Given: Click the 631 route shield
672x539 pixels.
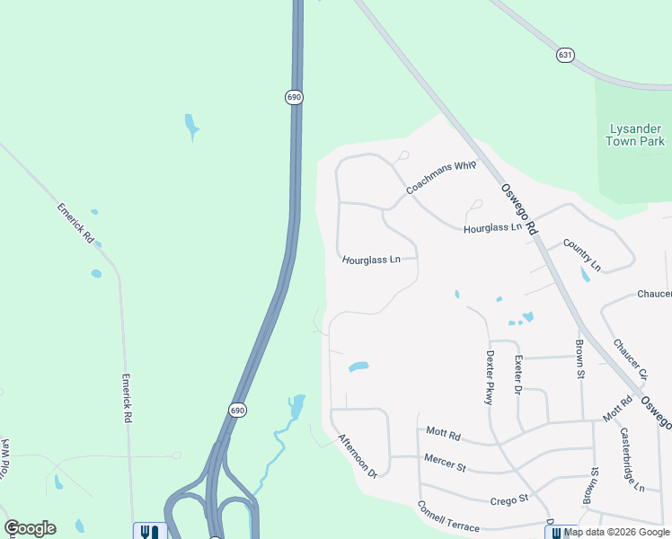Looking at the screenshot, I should pyautogui.click(x=564, y=55).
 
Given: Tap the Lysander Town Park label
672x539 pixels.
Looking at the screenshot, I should pyautogui.click(x=635, y=135).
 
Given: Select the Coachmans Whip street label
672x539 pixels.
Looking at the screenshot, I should pyautogui.click(x=440, y=177).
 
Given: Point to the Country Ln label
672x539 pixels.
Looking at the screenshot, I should pyautogui.click(x=581, y=254).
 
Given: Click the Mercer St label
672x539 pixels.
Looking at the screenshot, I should pyautogui.click(x=446, y=466).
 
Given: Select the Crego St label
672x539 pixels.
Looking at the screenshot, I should pyautogui.click(x=508, y=498).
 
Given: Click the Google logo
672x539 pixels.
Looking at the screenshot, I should pyautogui.click(x=30, y=528).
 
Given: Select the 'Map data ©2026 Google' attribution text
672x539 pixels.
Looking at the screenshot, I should pyautogui.click(x=617, y=533).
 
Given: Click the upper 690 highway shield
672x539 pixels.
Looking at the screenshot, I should pyautogui.click(x=294, y=97).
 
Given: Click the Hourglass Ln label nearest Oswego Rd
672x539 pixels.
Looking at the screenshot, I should pyautogui.click(x=492, y=229).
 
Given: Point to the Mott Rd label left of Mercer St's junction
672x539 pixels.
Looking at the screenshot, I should pyautogui.click(x=443, y=435).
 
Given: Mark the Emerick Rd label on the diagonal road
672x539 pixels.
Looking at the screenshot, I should pyautogui.click(x=75, y=222).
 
